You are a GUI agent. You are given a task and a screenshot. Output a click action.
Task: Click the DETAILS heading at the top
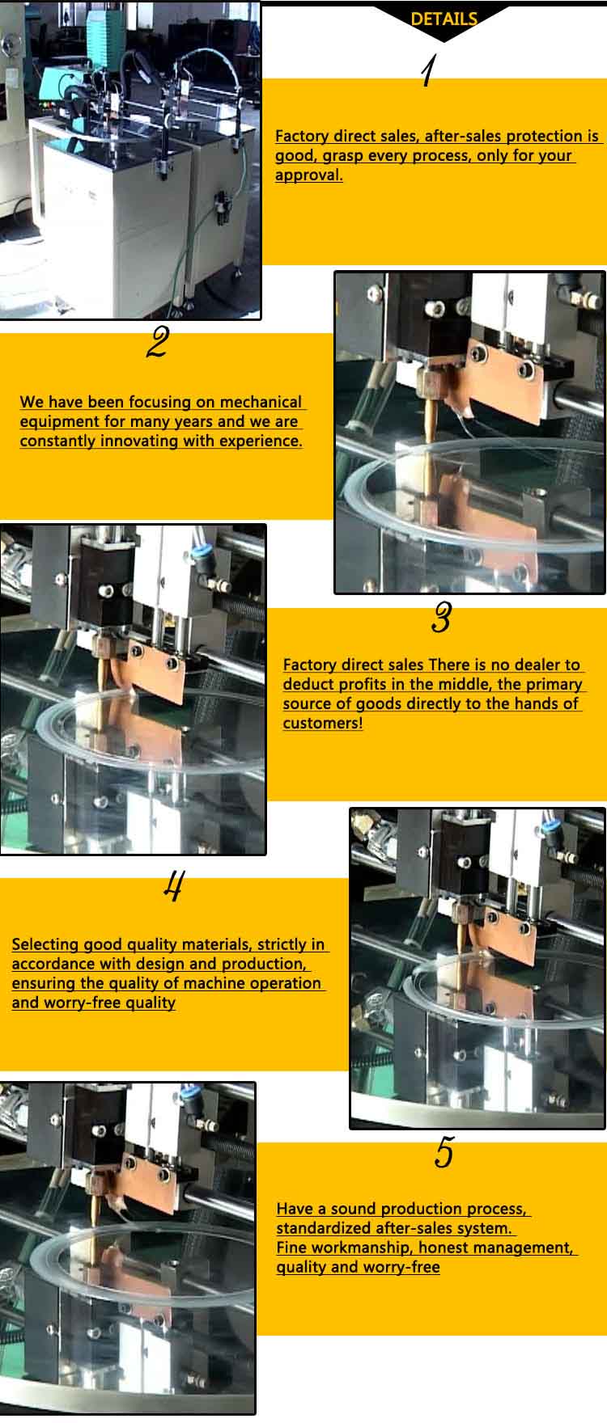point(444,19)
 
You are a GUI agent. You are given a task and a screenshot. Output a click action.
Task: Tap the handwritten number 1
point(428,71)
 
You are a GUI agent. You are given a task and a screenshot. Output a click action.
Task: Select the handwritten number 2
point(157,343)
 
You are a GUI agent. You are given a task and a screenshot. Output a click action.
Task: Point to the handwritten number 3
point(441,619)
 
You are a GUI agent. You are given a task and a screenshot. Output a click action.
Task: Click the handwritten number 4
point(172,886)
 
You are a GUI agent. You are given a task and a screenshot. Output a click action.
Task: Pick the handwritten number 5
point(444,1152)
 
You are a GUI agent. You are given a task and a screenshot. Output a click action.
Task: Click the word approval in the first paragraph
point(308,175)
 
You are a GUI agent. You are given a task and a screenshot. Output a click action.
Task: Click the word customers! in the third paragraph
point(323,723)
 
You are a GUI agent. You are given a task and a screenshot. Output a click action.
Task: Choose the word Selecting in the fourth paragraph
point(45,944)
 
